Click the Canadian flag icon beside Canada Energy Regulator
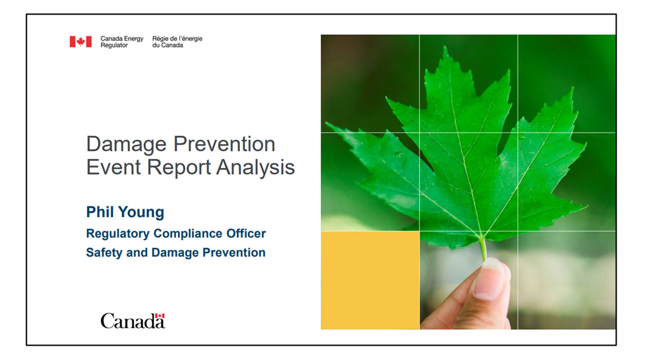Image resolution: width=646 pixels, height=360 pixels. click(81, 41)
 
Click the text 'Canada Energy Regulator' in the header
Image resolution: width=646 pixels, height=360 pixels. click(122, 42)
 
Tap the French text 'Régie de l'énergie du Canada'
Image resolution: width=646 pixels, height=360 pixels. click(177, 42)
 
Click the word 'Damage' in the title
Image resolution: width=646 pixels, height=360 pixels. click(127, 145)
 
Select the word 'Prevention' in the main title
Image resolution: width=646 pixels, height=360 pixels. click(224, 144)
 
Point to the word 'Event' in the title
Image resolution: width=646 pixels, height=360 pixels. click(114, 167)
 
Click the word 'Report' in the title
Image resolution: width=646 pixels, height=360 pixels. click(179, 168)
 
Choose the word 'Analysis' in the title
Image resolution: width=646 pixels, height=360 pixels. click(256, 168)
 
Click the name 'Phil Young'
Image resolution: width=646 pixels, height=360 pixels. click(125, 213)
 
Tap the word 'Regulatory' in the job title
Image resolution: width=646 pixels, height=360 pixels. click(118, 234)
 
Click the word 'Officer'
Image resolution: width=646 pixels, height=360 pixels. click(246, 233)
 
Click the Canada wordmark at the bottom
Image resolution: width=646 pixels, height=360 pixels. click(132, 321)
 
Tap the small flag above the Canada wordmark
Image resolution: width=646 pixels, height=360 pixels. click(160, 316)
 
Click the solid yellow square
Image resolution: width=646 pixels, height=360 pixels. click(370, 280)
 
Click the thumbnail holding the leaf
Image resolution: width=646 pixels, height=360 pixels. click(489, 279)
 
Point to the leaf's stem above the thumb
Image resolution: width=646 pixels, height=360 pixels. click(483, 249)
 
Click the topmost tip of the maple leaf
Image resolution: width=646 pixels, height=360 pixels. click(446, 46)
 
